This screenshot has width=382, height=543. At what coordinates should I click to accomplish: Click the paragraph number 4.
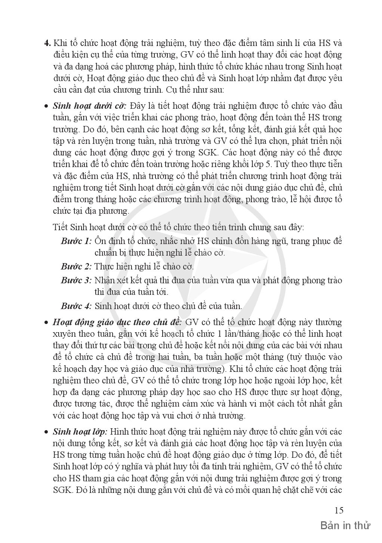47,43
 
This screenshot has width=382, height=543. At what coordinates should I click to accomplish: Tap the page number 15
339,510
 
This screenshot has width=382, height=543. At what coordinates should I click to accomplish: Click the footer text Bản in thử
345,526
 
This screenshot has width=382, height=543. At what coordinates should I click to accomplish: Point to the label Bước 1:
76,241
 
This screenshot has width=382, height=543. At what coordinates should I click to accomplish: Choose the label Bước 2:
76,266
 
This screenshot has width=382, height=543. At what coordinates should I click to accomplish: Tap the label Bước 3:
76,280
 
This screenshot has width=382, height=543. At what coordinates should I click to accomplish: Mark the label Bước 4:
76,306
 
